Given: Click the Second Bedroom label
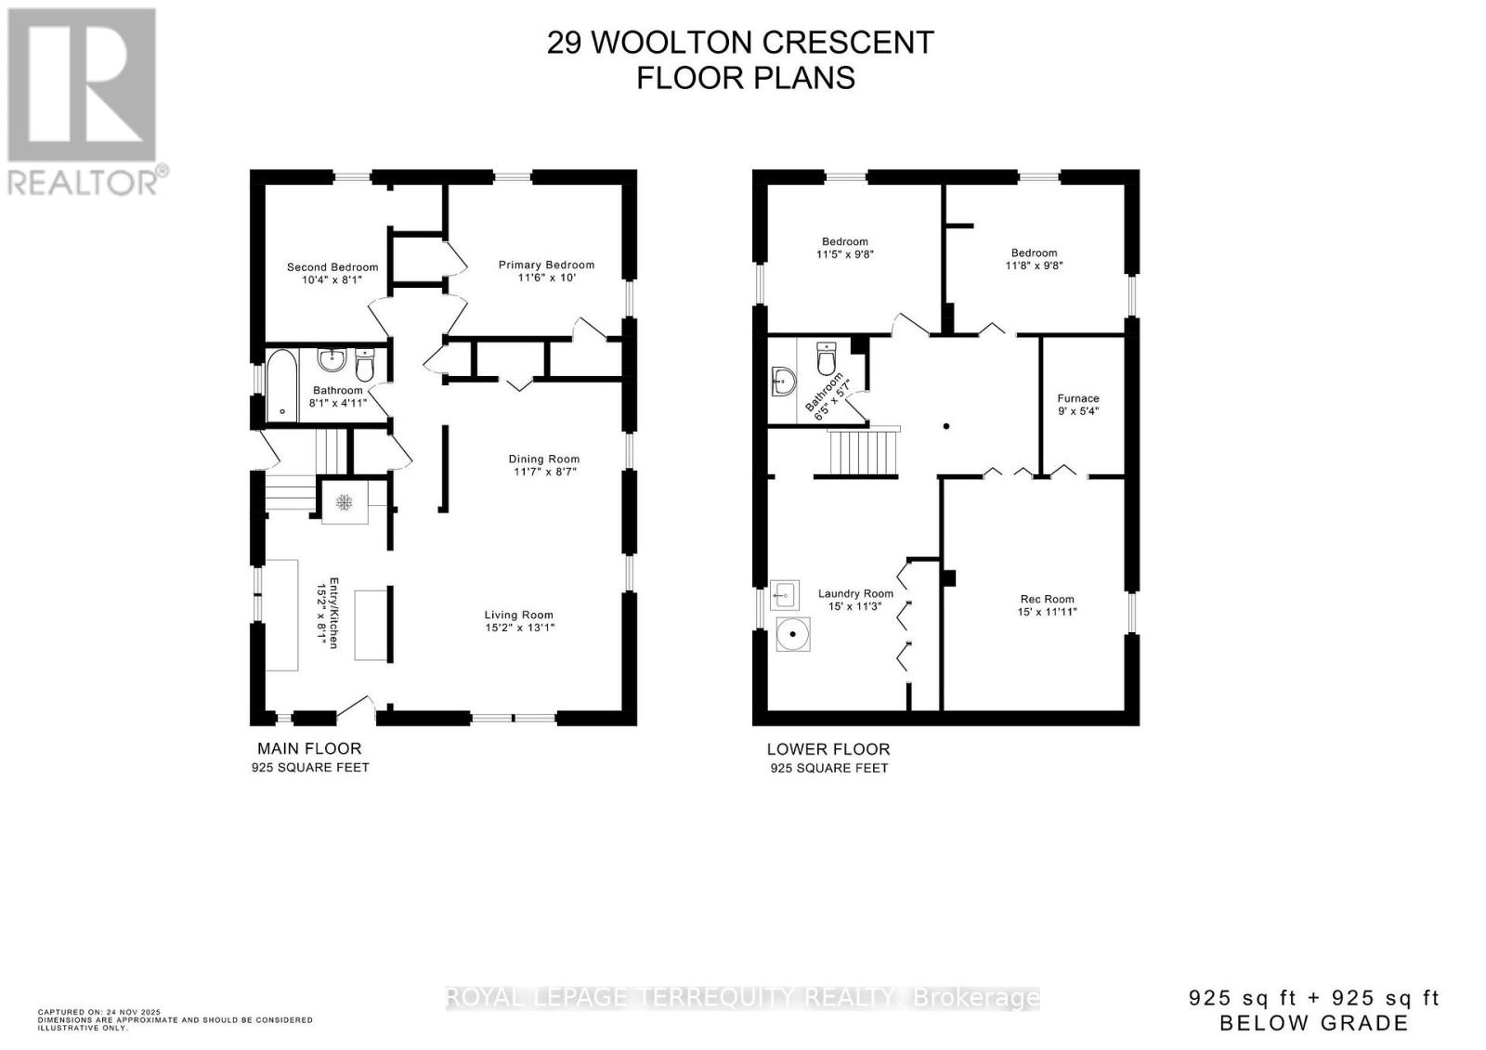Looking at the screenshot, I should coord(332,267).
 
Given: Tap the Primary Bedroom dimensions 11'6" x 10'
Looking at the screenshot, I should coord(546,278).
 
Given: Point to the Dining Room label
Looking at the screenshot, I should coord(543,459).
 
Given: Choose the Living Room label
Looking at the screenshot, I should coord(518,615).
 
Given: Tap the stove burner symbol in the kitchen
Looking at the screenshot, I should coord(345,502).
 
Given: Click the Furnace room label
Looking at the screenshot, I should coord(1077,398).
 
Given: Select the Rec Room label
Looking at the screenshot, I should coord(1047,599).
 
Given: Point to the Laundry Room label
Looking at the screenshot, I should coord(855,594).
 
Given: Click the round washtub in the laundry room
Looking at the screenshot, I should coord(793,637).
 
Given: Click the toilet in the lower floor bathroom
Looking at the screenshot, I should coord(825,357).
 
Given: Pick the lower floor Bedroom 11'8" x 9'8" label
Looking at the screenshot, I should coord(1034,253).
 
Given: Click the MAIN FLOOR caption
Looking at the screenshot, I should coord(309,748).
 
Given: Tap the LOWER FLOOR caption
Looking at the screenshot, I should coord(828,749).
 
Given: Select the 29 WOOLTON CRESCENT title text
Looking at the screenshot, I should coord(740,43).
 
